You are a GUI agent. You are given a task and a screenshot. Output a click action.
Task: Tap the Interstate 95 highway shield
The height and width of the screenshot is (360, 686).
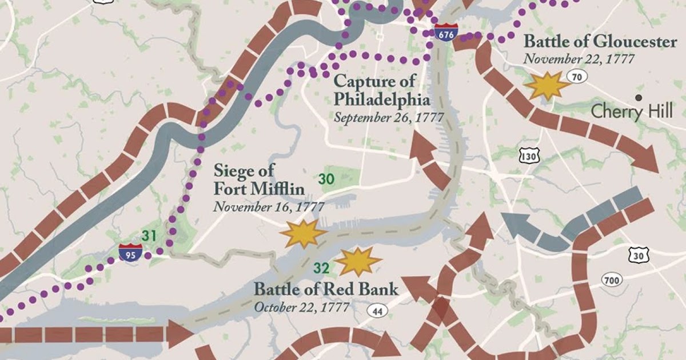click(127, 253)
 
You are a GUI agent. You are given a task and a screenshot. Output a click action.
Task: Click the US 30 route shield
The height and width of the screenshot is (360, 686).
click(637, 255)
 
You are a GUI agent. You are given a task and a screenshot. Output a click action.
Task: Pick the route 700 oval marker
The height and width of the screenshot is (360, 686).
click(612, 279)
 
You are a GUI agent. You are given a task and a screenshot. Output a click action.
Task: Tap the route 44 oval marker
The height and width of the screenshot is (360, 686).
click(376, 311)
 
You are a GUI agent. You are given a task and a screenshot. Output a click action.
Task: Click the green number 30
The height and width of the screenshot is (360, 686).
click(326, 179)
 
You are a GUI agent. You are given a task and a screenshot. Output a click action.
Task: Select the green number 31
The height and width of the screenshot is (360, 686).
click(149, 235)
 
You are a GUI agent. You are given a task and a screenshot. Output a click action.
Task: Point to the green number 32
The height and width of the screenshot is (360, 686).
click(321, 266)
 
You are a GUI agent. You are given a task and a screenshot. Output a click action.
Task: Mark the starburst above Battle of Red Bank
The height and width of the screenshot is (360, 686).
click(358, 261)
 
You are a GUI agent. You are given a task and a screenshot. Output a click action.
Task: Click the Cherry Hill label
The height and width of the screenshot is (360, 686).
click(632, 111)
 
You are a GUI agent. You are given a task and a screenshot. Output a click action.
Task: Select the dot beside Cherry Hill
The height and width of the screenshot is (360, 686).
click(639, 98)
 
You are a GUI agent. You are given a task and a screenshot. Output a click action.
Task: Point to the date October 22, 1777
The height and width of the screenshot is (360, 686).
click(302, 307)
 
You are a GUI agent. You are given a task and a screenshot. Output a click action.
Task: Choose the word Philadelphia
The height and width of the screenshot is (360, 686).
click(382, 99)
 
